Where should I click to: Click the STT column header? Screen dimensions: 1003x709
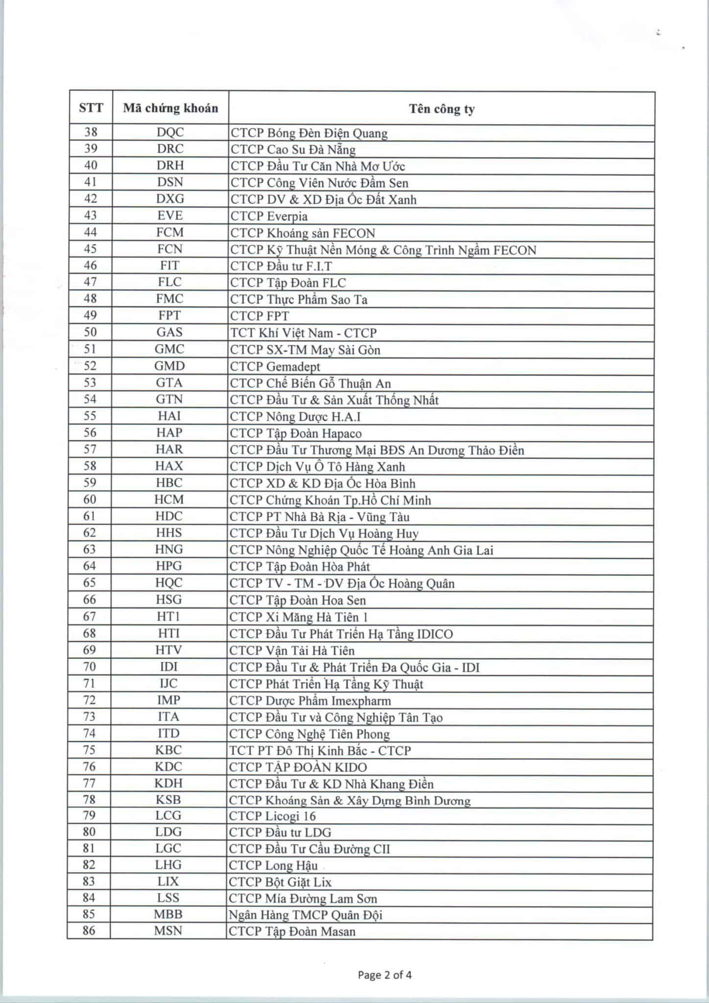pos(91,108)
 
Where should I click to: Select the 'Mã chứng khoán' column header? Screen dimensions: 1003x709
pos(170,108)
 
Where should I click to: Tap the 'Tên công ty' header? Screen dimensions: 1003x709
pos(442,109)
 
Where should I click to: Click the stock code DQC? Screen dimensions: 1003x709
pos(170,132)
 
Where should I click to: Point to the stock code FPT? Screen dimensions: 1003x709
pos(169,315)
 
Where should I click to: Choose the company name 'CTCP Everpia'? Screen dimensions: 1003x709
pos(269,216)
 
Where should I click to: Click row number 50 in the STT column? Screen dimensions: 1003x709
pos(91,332)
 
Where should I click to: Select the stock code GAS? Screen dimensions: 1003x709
pos(169,332)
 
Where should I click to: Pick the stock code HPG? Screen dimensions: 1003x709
pos(169,566)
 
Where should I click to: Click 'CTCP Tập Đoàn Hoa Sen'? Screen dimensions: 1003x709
pos(298,600)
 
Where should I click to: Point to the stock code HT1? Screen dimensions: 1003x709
pos(169,617)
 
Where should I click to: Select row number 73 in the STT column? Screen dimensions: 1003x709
pos(90,717)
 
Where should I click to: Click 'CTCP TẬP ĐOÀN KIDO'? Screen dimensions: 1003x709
pos(298,767)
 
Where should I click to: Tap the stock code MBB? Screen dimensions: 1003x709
pos(168,914)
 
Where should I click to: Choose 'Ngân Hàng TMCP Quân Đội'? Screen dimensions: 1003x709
pos(305,915)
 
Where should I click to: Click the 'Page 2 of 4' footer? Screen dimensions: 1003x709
pos(384,975)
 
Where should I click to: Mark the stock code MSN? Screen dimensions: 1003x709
pos(168,931)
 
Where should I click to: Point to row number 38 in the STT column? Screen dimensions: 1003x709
pos(91,132)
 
